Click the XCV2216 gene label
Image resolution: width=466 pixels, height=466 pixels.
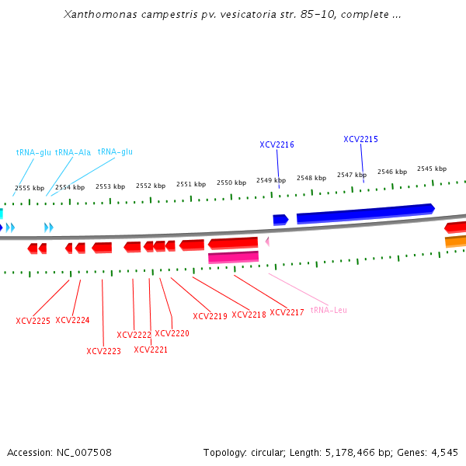(276, 144)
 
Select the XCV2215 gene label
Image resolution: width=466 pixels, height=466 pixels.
(360, 139)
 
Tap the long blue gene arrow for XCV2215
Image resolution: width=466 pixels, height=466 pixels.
(365, 214)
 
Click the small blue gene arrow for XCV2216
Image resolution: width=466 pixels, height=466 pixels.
(280, 220)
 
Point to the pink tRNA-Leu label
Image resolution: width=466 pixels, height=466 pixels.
(329, 310)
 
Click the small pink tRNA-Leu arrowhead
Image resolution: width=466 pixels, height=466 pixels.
(267, 242)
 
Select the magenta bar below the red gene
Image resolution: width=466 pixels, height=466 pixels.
(233, 257)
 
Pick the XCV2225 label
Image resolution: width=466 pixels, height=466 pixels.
(33, 321)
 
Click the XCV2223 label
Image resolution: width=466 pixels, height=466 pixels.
(103, 351)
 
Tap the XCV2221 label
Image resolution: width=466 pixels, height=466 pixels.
(151, 349)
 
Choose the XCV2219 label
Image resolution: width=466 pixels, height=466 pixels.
(210, 316)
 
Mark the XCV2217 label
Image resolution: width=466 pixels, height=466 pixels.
(287, 312)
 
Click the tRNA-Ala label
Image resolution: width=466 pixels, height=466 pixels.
(73, 152)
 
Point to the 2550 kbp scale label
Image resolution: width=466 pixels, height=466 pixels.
(231, 183)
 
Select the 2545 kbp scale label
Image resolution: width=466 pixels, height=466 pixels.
(432, 169)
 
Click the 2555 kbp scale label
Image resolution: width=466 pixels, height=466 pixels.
(30, 188)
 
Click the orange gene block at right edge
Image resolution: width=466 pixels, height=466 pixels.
(456, 242)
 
